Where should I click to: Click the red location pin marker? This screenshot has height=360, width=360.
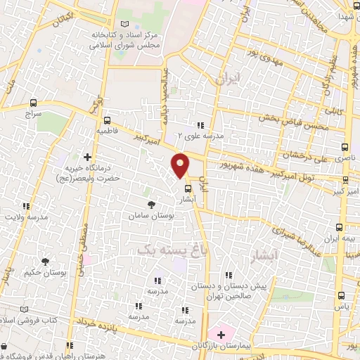pos(181,165)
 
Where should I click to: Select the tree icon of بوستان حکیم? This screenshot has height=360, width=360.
pos(46,261)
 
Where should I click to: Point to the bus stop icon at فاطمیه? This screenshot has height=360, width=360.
pos(107,120)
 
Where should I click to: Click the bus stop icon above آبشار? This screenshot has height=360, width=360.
pos(187,188)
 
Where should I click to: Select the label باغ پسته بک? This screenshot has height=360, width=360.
pos(163,248)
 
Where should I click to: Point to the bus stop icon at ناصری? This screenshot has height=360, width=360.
pos(344,148)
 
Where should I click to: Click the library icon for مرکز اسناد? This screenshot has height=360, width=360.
pos(124,24)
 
